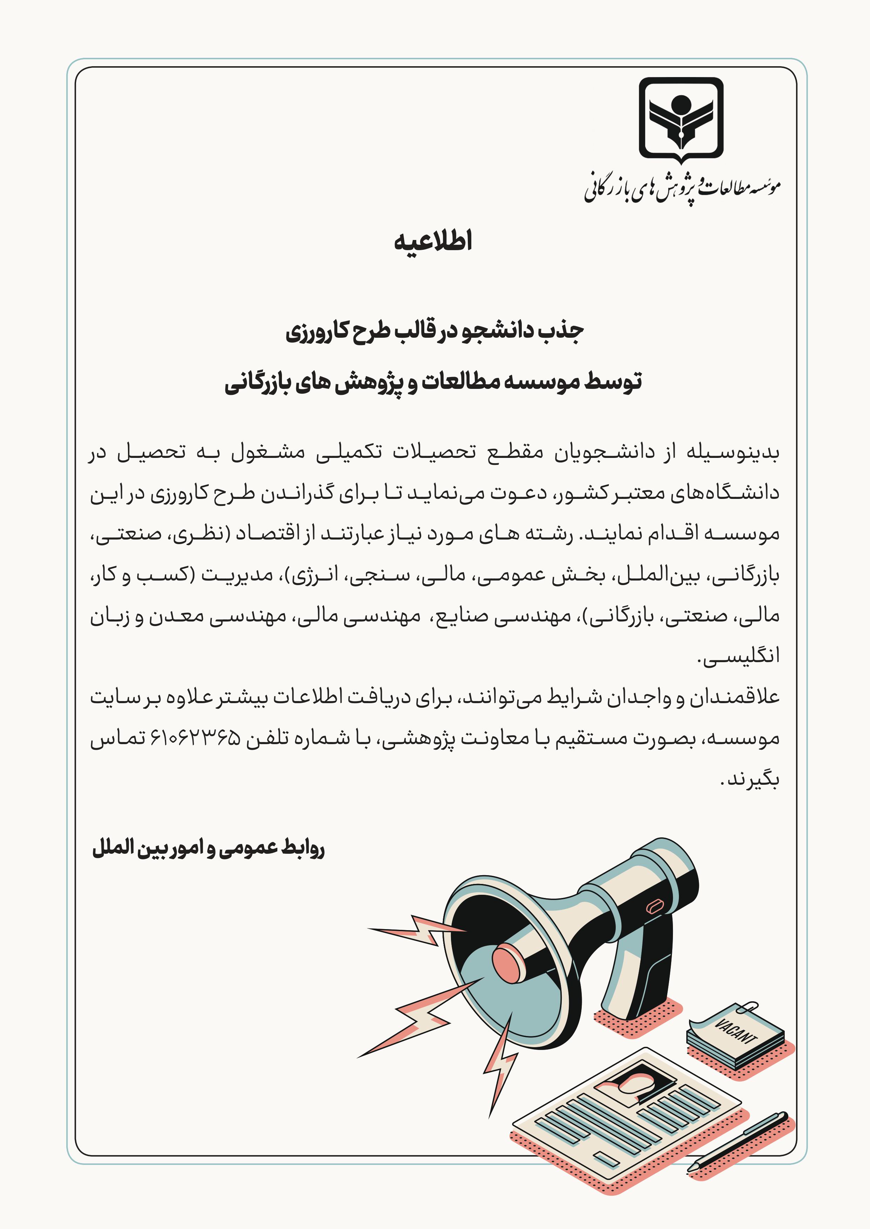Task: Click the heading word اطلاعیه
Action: [433, 242]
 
